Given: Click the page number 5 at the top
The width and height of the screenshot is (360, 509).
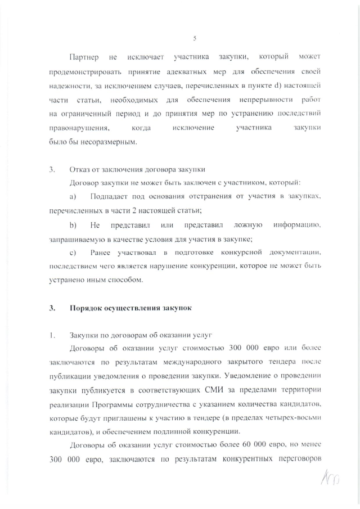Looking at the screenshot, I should (194, 38).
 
